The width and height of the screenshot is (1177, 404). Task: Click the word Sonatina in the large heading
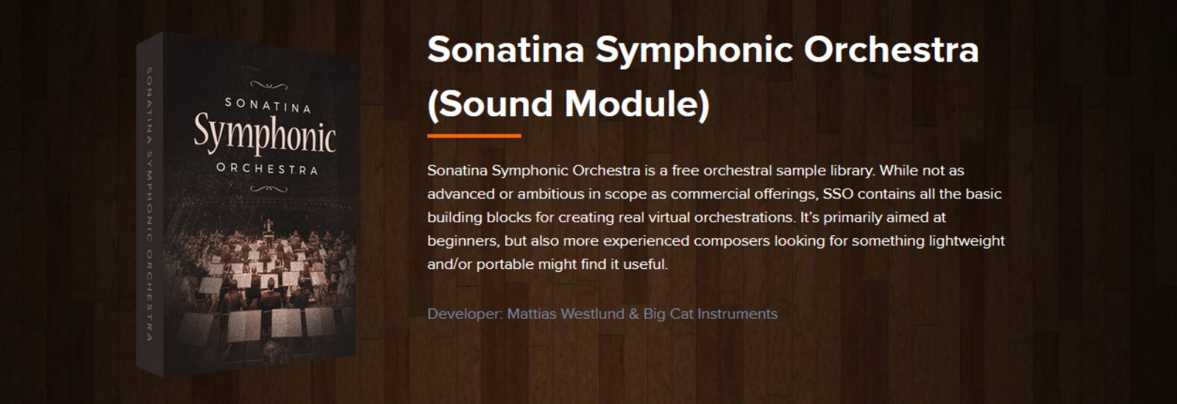(505, 50)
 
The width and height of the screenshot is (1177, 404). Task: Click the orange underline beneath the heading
(474, 136)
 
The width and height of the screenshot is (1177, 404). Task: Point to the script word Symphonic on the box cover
(264, 135)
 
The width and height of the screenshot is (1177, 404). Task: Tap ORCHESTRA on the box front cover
(267, 169)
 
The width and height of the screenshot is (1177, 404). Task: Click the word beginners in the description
(463, 241)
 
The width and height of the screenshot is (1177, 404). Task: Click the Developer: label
(464, 314)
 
